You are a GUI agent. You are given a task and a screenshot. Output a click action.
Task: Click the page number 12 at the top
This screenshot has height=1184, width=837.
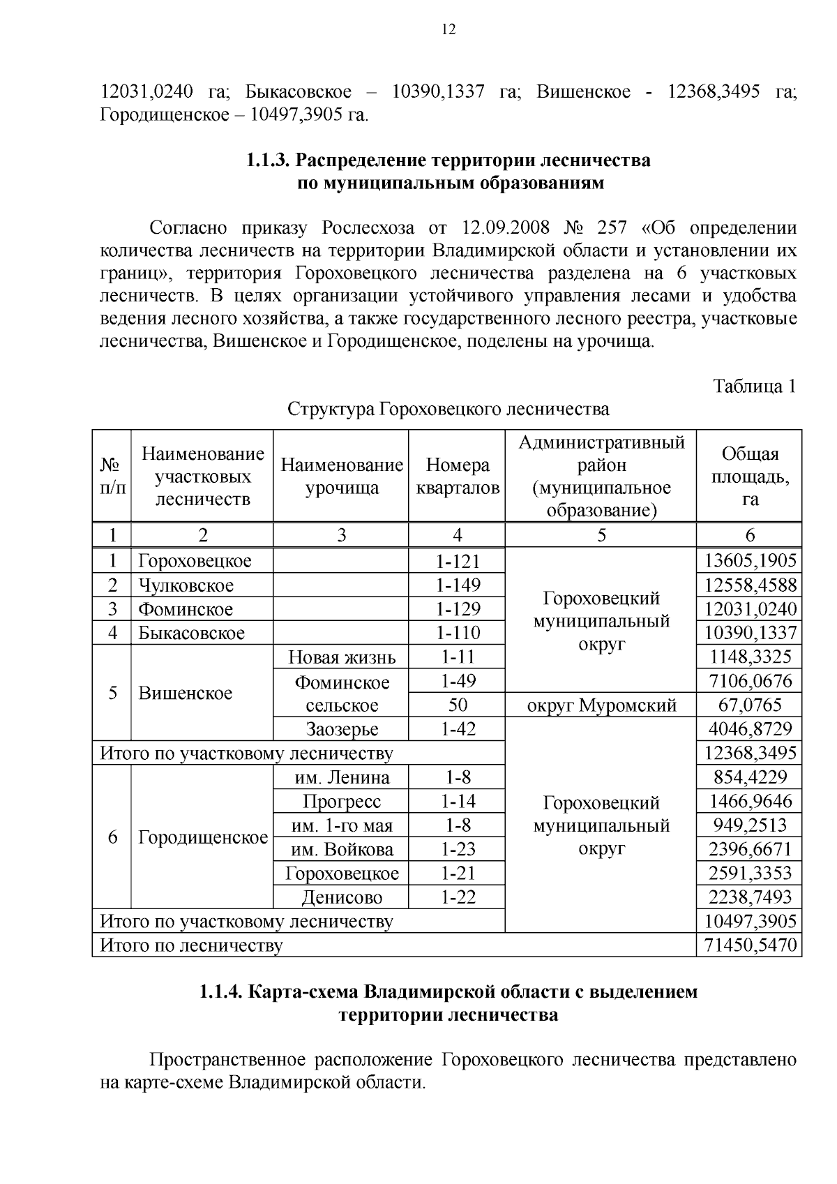point(448,29)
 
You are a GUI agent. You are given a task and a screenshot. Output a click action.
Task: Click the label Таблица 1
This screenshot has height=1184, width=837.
point(753,386)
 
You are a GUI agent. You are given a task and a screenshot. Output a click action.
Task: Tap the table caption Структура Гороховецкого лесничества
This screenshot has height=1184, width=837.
point(448,409)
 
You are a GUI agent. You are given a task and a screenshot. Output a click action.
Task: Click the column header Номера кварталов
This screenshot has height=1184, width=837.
point(458,477)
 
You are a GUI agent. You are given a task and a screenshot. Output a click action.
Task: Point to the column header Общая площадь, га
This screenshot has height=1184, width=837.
point(750,477)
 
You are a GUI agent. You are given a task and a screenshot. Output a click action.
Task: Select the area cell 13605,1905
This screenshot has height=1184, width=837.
point(750,561)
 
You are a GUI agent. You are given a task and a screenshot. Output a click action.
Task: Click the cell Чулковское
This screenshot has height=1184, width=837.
point(186,585)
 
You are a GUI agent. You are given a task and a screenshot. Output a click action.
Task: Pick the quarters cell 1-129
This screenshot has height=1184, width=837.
point(458,609)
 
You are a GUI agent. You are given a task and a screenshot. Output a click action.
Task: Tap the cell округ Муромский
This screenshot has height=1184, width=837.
point(601,705)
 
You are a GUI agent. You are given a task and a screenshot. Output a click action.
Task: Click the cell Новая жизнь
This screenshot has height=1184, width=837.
point(342,657)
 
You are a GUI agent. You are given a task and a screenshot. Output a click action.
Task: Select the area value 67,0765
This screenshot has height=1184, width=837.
point(750,705)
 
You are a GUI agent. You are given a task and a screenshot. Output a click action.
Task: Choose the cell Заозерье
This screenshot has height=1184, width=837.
point(342,730)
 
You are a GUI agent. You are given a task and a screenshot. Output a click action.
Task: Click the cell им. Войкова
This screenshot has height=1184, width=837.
point(342,850)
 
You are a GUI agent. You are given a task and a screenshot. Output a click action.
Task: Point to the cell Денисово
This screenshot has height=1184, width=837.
point(342,897)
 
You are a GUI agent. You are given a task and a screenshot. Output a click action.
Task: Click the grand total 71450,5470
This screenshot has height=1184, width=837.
point(750,946)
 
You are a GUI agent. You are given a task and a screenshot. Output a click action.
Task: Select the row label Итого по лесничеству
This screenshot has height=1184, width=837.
point(192,946)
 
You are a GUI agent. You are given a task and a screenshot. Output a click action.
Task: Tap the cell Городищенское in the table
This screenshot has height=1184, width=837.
point(203,837)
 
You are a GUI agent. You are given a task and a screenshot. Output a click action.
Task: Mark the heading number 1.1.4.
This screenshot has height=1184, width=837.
point(221,991)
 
